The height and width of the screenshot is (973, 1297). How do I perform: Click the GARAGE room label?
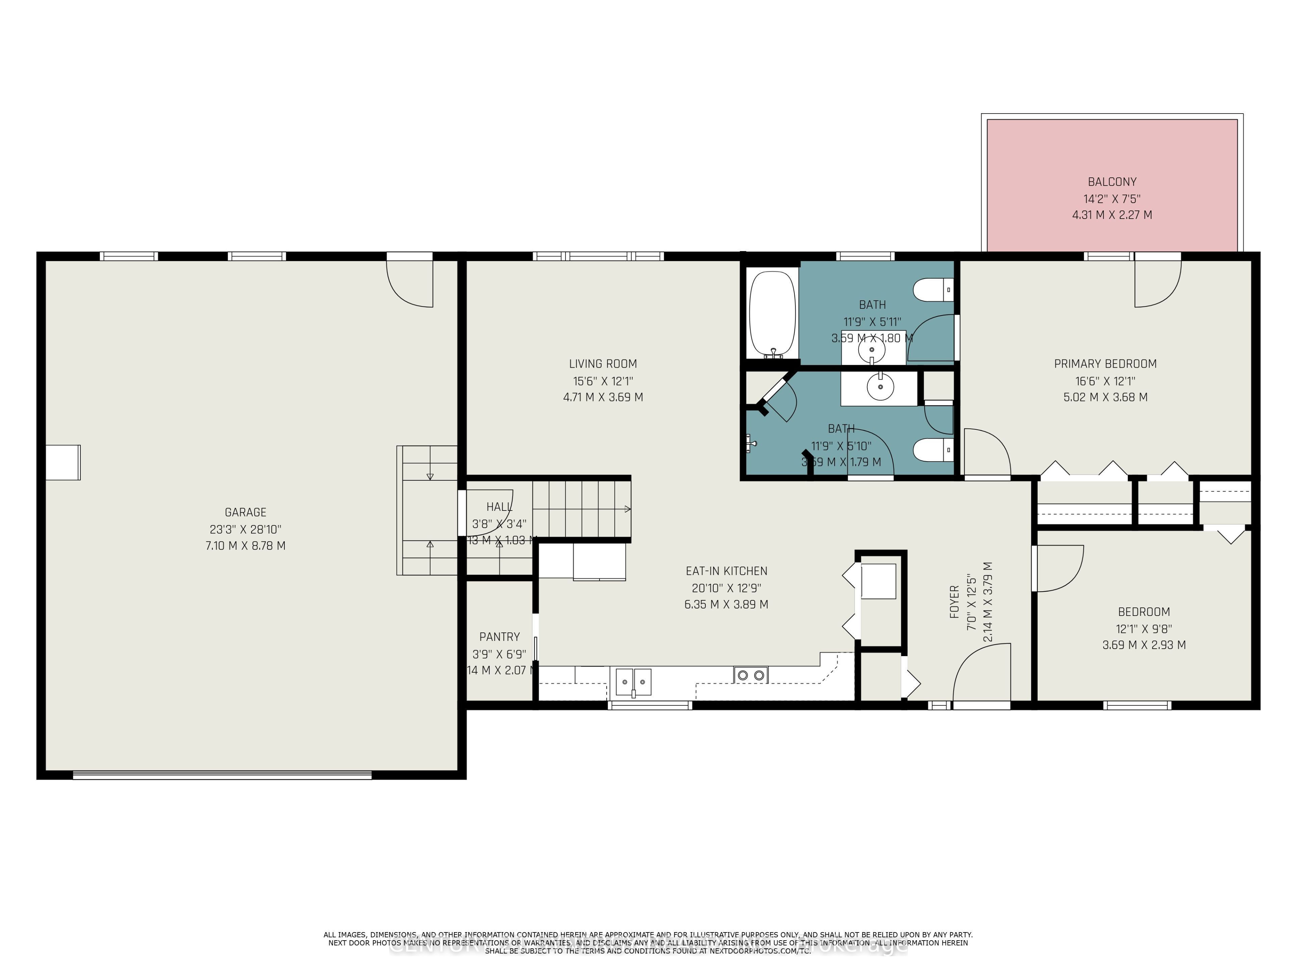click(x=245, y=512)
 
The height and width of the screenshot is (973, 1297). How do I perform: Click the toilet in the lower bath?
click(x=932, y=450)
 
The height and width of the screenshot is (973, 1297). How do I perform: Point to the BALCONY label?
click(x=1112, y=182)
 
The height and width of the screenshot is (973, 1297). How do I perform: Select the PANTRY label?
click(x=499, y=637)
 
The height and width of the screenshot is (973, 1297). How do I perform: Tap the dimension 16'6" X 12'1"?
click(x=1105, y=380)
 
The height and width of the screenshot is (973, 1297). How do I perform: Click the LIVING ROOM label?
click(x=603, y=364)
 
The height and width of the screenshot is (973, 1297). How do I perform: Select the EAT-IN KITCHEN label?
click(x=726, y=571)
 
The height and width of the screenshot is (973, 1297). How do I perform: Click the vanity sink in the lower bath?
click(x=880, y=388)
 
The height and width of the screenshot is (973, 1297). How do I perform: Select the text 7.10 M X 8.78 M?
click(x=245, y=545)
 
